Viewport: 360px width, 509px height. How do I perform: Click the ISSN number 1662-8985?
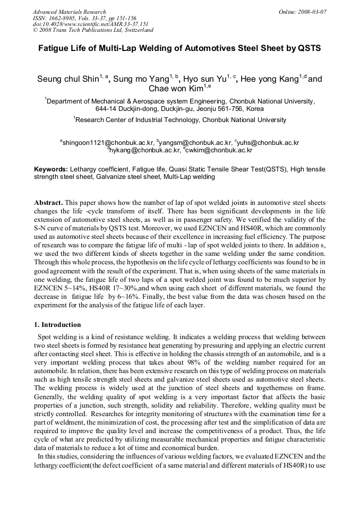(x=67, y=18)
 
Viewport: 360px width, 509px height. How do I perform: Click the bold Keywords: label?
(x=51, y=169)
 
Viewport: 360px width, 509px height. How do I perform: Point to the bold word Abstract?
(x=49, y=203)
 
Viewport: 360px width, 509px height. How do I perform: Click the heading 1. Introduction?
(x=57, y=325)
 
